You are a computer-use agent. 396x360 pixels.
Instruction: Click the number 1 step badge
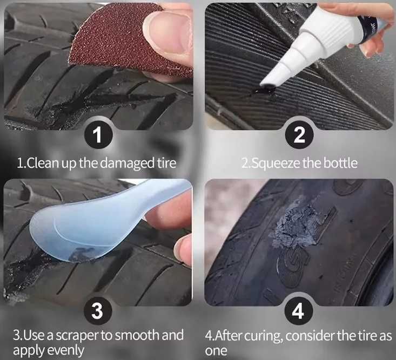coord(98,135)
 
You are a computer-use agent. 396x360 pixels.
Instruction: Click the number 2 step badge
coord(299,135)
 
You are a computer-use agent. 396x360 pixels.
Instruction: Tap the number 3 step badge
coord(97,311)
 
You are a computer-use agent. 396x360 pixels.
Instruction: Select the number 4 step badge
coord(298,311)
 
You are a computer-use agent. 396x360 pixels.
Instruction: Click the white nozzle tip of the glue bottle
coord(268,81)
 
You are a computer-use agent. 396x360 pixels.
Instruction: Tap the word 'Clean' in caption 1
coord(42,163)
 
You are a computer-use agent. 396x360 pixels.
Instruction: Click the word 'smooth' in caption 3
coord(138,335)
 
